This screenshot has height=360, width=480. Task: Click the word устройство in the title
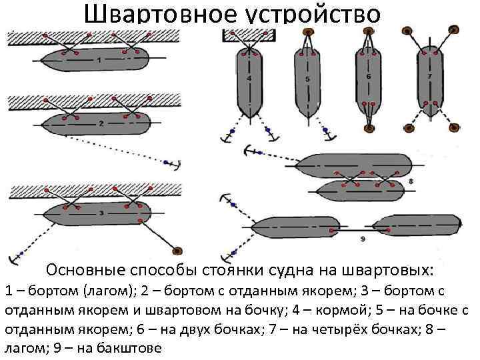click(313, 14)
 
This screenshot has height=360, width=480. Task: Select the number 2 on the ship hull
click(100, 123)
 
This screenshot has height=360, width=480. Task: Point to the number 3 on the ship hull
click(100, 213)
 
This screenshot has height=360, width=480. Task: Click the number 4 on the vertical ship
click(249, 79)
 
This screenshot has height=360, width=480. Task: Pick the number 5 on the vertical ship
click(307, 79)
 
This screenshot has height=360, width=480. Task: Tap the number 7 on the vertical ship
click(430, 77)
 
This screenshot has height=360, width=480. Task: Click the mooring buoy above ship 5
click(307, 31)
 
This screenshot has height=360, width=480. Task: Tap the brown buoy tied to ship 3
click(178, 251)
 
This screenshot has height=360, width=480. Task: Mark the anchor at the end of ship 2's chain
click(175, 164)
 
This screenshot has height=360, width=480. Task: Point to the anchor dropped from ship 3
click(11, 259)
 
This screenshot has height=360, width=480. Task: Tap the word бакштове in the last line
click(129, 349)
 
